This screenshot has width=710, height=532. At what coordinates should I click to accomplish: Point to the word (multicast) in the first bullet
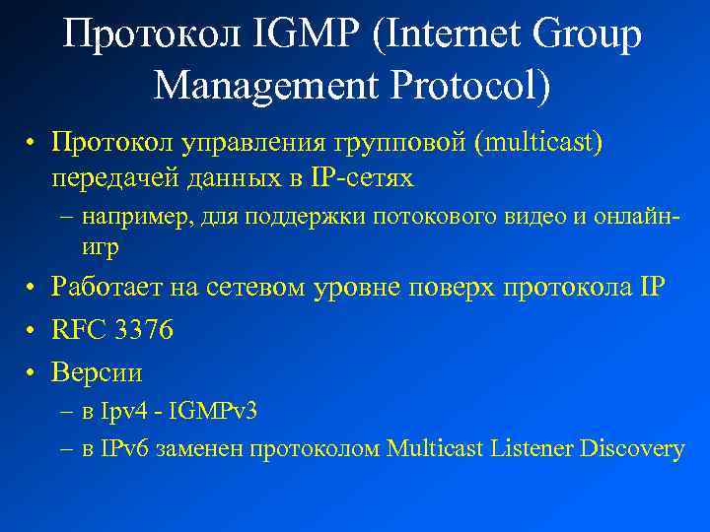click(x=537, y=144)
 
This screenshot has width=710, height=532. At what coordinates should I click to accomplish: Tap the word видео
click(x=530, y=216)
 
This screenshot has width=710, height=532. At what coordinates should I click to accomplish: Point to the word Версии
click(x=97, y=373)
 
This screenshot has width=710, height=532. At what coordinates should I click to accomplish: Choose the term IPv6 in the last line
click(x=124, y=449)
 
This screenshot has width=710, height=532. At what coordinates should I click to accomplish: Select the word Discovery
click(x=632, y=449)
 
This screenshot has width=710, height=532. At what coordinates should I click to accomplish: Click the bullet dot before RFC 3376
click(x=33, y=331)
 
